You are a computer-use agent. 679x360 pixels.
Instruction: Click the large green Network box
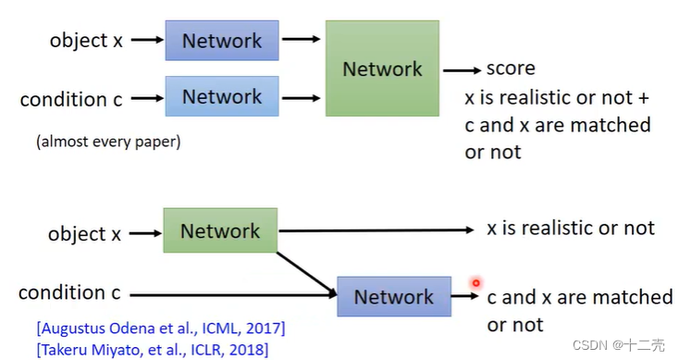[382, 68]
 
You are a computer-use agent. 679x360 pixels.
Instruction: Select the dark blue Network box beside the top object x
[222, 41]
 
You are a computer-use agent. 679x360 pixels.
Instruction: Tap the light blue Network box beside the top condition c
[222, 96]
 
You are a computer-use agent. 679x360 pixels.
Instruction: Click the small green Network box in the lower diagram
[220, 230]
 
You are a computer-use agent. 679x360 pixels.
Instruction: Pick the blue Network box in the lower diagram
[394, 297]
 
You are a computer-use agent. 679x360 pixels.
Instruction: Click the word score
[511, 68]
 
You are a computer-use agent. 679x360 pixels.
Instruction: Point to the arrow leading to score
[462, 70]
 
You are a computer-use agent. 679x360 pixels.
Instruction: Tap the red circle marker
[475, 283]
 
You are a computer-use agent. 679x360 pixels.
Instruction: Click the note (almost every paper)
[108, 142]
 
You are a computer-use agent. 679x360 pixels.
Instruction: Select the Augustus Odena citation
[161, 329]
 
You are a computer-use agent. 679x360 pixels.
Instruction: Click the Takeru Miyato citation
[153, 349]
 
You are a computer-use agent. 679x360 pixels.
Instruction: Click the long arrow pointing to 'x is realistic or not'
[377, 230]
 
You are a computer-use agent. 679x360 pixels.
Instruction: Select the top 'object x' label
[86, 41]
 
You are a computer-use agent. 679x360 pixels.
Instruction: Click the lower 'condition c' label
[69, 292]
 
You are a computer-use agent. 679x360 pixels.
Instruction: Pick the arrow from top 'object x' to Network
[147, 40]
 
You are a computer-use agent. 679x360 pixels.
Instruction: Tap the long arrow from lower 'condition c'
[233, 294]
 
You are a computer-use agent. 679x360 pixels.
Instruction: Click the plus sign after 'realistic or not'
[644, 98]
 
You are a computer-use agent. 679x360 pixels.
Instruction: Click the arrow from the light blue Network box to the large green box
[301, 98]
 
